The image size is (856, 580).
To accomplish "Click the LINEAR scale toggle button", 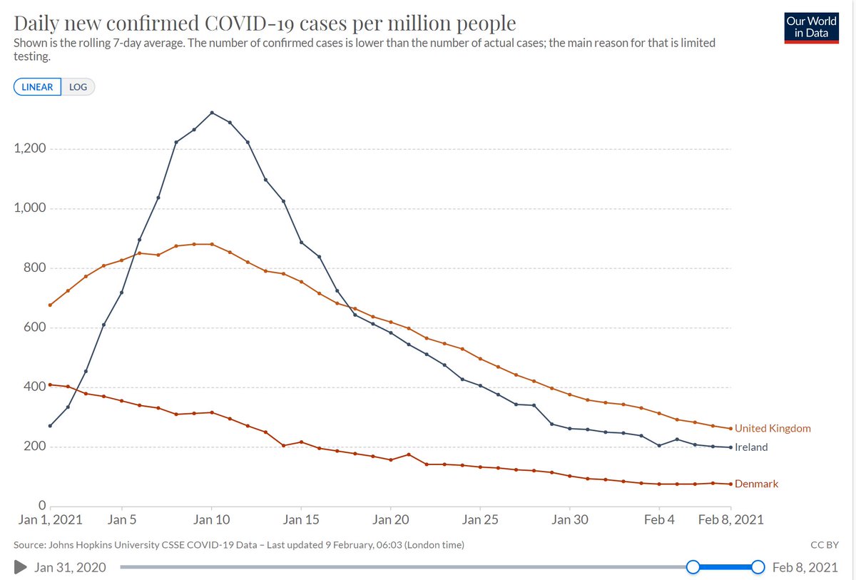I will point(37,87).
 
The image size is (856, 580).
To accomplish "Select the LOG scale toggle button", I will point(78,87).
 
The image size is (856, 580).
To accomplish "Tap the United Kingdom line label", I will point(773,429).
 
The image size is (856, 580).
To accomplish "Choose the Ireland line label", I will point(751,447).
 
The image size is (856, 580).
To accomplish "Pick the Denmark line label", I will point(756,484).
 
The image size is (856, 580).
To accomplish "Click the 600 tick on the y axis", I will point(32,327).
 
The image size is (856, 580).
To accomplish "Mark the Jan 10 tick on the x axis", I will point(212,520).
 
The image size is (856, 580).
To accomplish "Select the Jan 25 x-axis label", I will point(481,520).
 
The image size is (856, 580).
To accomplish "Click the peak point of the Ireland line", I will point(212,113).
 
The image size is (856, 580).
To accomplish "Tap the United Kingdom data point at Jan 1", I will point(50,305).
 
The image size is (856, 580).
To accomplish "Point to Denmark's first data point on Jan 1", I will point(50,385).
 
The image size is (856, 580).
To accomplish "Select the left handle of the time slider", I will point(692,567).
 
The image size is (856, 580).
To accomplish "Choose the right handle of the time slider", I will point(758,567).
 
